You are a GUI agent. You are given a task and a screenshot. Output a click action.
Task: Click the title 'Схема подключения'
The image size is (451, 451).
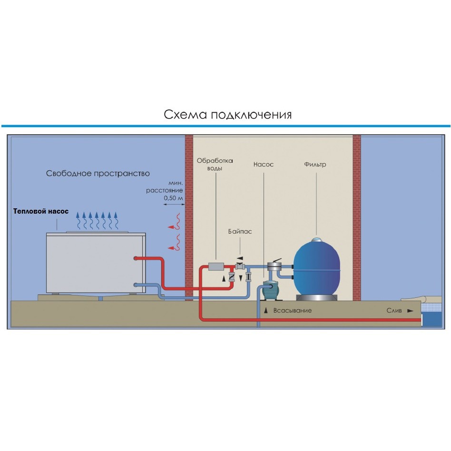coord(227,115)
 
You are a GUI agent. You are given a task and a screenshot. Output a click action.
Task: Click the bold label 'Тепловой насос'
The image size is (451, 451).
coord(41,211)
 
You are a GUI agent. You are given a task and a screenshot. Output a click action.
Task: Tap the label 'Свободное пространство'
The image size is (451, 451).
coord(98,174)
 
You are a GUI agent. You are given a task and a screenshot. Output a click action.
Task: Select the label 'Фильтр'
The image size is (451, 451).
coord(315,165)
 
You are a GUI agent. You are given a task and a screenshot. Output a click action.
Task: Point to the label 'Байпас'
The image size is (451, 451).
coord(239,232)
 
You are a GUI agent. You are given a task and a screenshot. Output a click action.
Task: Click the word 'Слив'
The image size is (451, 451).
coord(393,310)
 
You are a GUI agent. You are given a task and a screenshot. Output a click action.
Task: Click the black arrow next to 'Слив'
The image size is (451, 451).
coord(411,311)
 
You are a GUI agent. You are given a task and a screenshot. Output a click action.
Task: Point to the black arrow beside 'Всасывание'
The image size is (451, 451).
coord(266,310)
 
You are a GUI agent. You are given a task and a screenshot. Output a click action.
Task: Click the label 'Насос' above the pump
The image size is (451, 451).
coord(263,165)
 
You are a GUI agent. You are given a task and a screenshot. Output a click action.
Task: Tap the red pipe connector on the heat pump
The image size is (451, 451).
coord(137,258)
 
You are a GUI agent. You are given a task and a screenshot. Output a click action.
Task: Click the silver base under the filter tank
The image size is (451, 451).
coord(316,298)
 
